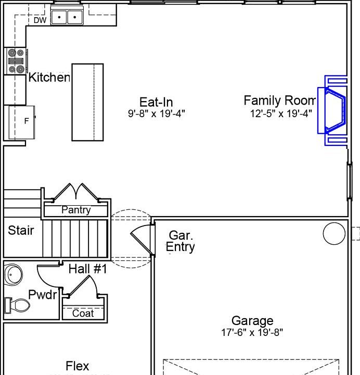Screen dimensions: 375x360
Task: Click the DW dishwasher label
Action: coord(40,20)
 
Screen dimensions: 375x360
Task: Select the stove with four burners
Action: coord(15,61)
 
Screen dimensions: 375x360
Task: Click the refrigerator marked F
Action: coord(22,121)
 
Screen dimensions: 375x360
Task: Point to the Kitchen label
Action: coord(49,78)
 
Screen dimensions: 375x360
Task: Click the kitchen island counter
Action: coord(87,102)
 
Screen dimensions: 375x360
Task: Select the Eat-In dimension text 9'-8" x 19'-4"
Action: coord(157,113)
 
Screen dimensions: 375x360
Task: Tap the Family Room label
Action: coord(279,101)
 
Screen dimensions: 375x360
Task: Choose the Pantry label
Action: coord(76,210)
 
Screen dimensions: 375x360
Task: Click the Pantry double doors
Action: coord(76,192)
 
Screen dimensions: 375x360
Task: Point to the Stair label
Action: coord(21,230)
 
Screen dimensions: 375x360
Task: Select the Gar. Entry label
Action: coord(181,241)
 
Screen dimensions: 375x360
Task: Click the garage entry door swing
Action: coord(141,239)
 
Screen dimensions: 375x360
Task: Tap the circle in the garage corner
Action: coord(334,233)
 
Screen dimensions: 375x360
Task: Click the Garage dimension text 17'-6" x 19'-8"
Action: coord(252,332)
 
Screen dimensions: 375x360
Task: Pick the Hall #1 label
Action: coord(87,269)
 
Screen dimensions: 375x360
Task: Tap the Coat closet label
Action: coord(83,313)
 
